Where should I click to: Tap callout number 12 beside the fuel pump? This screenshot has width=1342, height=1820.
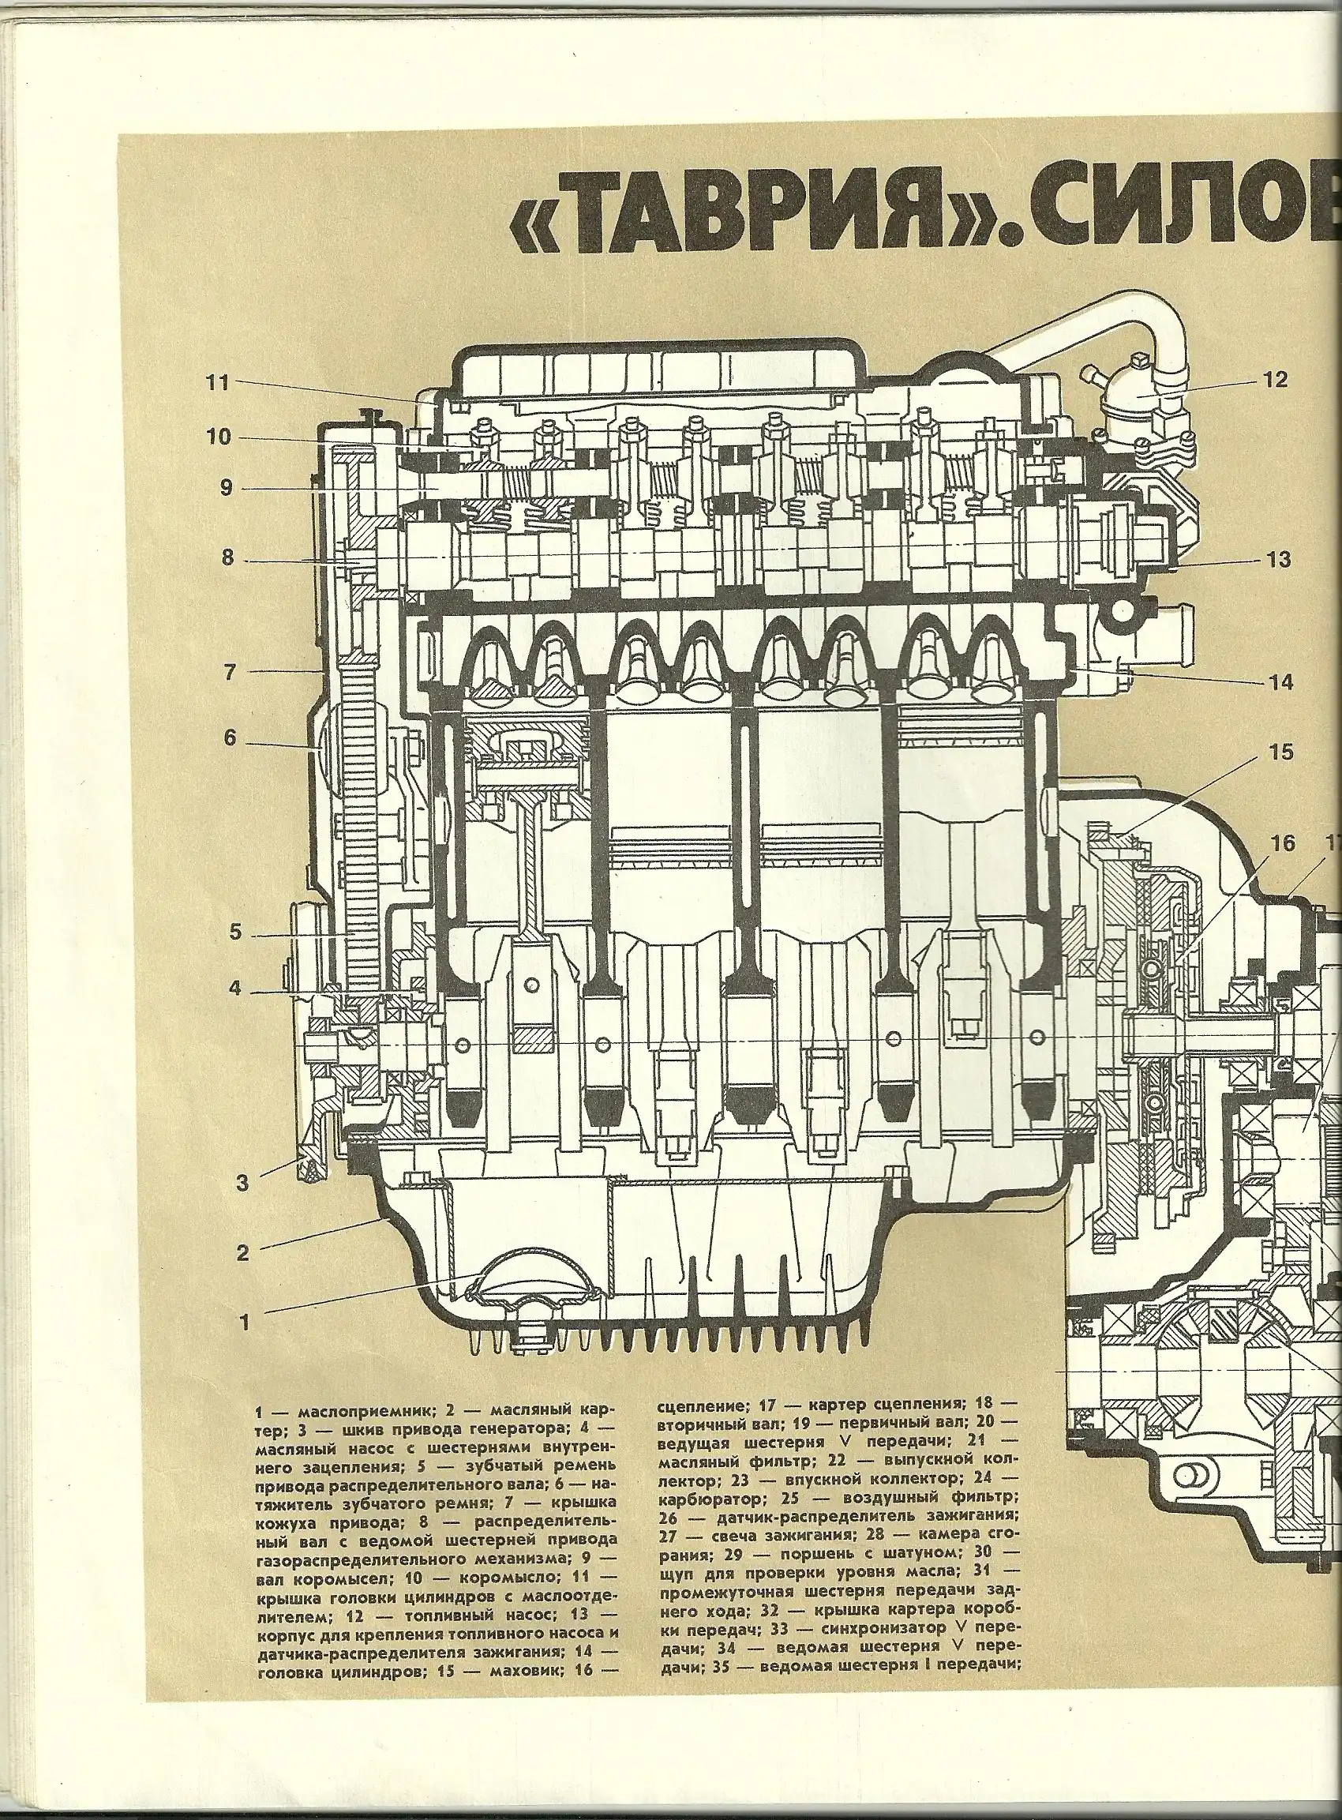pyautogui.click(x=1276, y=380)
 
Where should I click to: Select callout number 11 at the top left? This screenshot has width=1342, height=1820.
pyautogui.click(x=217, y=384)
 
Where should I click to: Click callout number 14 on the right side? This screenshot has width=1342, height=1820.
pyautogui.click(x=1280, y=682)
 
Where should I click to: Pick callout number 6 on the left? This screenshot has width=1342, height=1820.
pyautogui.click(x=229, y=737)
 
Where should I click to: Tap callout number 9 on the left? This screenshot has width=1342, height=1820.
pyautogui.click(x=226, y=487)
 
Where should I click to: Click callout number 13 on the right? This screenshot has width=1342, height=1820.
pyautogui.click(x=1277, y=561)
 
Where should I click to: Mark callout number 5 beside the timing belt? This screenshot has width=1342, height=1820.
pyautogui.click(x=234, y=932)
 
